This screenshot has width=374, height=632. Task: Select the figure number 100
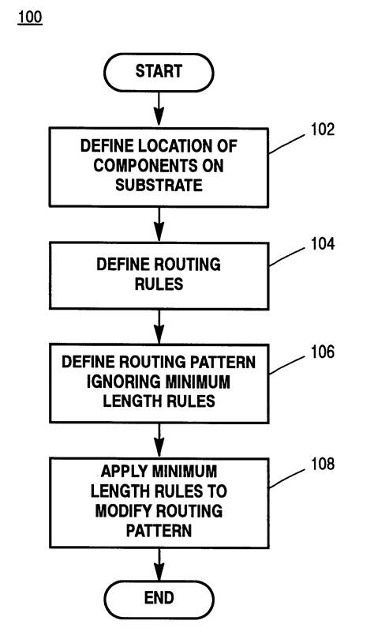pyautogui.click(x=28, y=17)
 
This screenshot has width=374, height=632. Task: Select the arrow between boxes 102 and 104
pyautogui.click(x=158, y=224)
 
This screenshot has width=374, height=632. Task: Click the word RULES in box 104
pyautogui.click(x=158, y=283)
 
